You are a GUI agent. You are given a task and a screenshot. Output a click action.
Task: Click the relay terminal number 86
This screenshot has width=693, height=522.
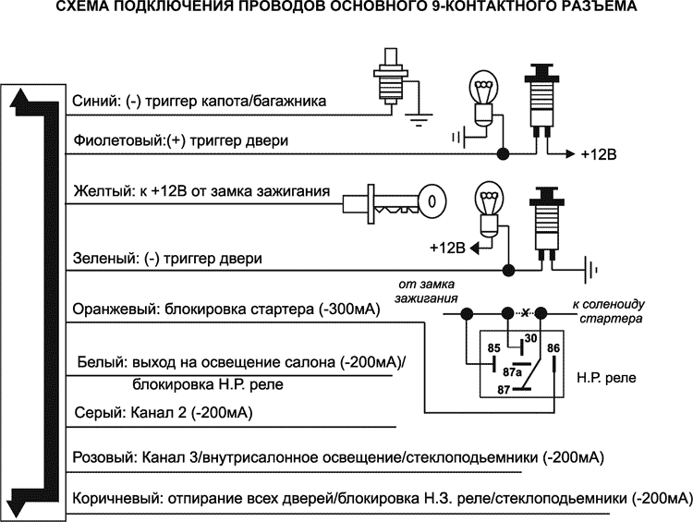coord(553,348)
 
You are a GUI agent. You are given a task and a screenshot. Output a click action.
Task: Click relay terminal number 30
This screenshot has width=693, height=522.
coord(530,338)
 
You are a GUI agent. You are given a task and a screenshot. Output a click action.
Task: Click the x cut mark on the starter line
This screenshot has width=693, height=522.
coord(526,314)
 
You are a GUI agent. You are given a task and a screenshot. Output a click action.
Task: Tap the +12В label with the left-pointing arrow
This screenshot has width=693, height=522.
coord(446,248)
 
